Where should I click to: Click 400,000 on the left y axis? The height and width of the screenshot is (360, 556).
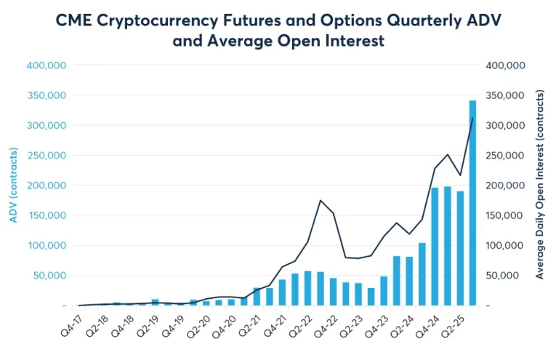point(47,65)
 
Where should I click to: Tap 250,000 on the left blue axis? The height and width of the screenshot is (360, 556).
point(47,156)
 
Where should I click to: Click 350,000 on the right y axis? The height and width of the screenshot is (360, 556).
point(504,95)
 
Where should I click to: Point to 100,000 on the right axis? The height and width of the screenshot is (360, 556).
point(504,246)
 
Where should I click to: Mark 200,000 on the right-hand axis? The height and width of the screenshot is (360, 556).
point(504,185)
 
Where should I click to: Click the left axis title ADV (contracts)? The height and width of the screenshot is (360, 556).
point(15,185)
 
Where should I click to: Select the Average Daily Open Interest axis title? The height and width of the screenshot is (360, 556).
point(539,185)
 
